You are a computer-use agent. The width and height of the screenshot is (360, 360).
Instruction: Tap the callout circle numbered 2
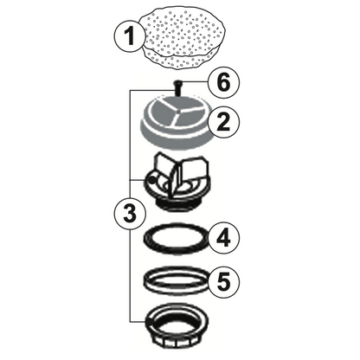[222, 123]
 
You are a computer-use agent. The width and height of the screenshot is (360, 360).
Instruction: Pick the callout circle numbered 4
[222, 235]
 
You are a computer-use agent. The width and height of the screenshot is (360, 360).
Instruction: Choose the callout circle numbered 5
[222, 281]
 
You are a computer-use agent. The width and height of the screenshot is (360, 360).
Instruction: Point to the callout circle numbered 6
[222, 83]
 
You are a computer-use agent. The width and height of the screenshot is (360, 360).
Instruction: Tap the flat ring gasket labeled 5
[177, 280]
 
